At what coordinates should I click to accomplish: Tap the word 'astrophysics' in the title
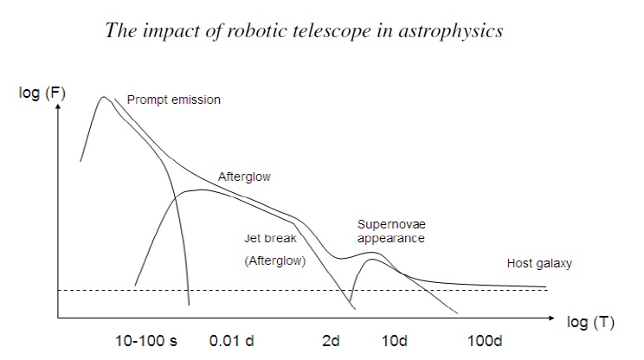click(x=454, y=31)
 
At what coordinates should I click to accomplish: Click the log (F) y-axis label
click(x=42, y=93)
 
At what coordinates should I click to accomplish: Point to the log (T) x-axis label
click(x=590, y=322)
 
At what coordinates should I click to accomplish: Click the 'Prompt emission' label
click(x=173, y=100)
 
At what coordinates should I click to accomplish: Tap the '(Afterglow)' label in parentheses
click(x=275, y=259)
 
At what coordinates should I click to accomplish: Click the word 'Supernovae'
click(x=391, y=224)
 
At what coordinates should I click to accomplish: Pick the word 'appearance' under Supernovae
click(x=391, y=238)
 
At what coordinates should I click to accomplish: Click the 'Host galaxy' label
click(x=539, y=263)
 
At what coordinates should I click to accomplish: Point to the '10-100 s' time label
click(x=146, y=341)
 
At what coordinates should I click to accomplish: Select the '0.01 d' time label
click(x=232, y=341)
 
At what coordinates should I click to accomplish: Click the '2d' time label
click(x=331, y=341)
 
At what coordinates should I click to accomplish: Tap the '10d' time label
click(x=394, y=341)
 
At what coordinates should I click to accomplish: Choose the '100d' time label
click(x=485, y=341)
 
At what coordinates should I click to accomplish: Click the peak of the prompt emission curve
click(x=104, y=97)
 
